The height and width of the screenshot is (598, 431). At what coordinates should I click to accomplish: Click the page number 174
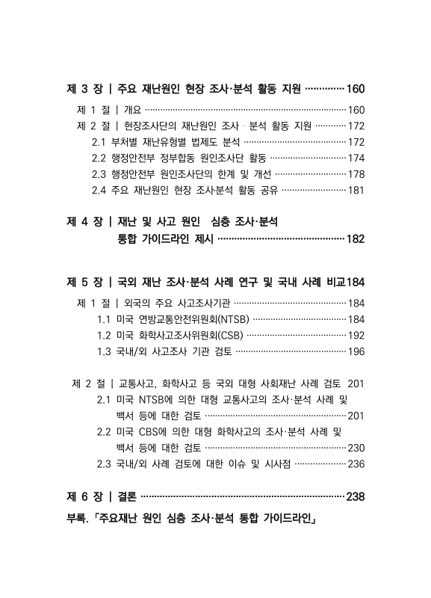[x=356, y=158]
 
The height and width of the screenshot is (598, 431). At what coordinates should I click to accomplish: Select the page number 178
[x=356, y=173]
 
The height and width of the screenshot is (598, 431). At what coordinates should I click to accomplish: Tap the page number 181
[x=356, y=190]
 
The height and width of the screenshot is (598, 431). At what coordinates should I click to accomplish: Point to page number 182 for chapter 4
[x=353, y=239]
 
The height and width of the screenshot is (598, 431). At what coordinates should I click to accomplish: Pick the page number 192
[x=356, y=335]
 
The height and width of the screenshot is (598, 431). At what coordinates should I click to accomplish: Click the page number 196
[x=356, y=351]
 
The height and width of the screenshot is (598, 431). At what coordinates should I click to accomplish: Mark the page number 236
[x=356, y=463]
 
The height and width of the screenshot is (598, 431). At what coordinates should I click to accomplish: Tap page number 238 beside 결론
[x=353, y=496]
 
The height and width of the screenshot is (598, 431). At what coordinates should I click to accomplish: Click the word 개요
[x=133, y=110]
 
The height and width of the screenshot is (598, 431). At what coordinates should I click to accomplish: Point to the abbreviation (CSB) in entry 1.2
[x=222, y=335]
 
